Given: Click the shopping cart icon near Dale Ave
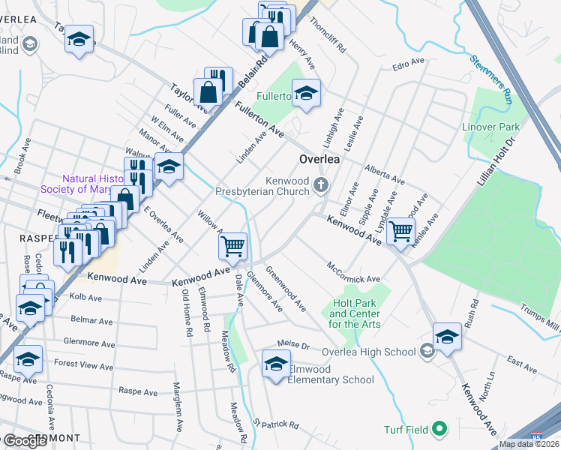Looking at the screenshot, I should [x=233, y=245].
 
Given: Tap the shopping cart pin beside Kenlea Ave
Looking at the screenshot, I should [x=400, y=230].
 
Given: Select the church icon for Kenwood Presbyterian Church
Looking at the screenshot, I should [x=321, y=185].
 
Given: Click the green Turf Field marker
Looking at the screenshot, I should [x=440, y=430].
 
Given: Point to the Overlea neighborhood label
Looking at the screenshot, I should [x=319, y=159].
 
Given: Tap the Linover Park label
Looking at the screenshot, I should [x=490, y=127].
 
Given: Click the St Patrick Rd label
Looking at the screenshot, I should [x=275, y=424].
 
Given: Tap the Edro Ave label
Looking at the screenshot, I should [x=408, y=67].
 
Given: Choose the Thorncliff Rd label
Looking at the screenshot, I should [x=328, y=34].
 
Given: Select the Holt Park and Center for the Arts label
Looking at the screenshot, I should [x=355, y=314].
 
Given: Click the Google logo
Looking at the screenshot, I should [x=25, y=441].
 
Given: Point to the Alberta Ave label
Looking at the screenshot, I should [x=384, y=175].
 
